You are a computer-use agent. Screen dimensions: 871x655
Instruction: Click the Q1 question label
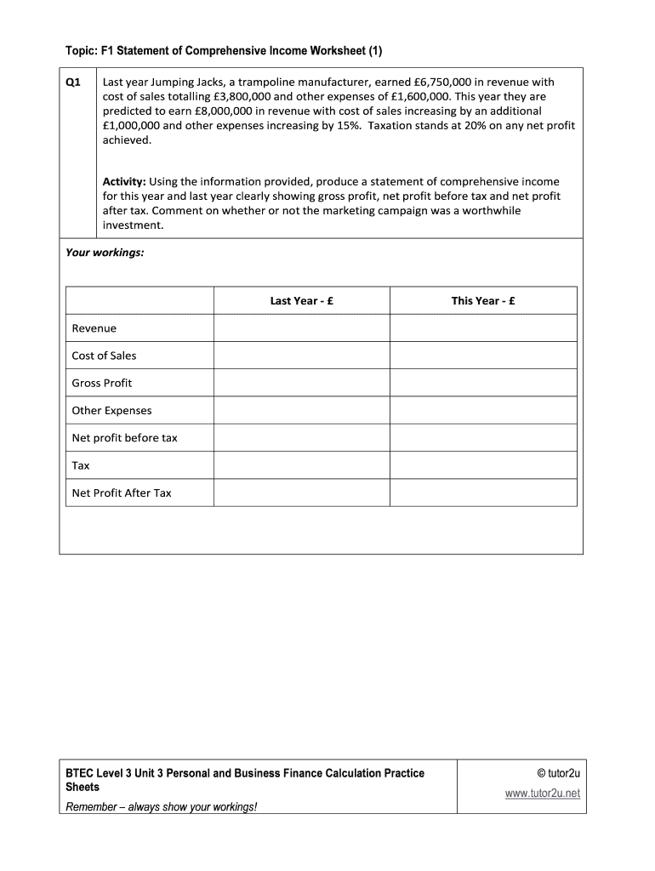73,83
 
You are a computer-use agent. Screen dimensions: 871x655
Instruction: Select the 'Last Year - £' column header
302,301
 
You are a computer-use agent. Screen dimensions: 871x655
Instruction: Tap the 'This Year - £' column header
483,301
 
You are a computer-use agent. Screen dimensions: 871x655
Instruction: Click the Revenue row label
94,328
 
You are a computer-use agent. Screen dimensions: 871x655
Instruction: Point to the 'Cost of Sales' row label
104,356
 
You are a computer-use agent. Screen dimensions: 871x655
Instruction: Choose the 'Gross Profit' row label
102,383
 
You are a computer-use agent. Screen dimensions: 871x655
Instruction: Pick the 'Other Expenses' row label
111,411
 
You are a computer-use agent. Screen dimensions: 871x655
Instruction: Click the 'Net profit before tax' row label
125,438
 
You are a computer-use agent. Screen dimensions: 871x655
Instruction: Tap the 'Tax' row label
81,465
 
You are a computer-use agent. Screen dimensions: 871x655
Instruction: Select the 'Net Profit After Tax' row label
122,492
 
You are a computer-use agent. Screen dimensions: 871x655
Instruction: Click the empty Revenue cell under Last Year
301,328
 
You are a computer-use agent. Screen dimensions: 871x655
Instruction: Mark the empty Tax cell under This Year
483,465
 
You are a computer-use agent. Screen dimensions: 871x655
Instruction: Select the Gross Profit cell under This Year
483,383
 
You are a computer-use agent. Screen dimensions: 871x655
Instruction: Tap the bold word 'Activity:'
125,181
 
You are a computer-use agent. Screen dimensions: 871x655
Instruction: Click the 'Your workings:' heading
105,253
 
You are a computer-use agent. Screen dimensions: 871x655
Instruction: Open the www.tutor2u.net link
542,794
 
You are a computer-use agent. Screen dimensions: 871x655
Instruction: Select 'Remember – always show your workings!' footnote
161,806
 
